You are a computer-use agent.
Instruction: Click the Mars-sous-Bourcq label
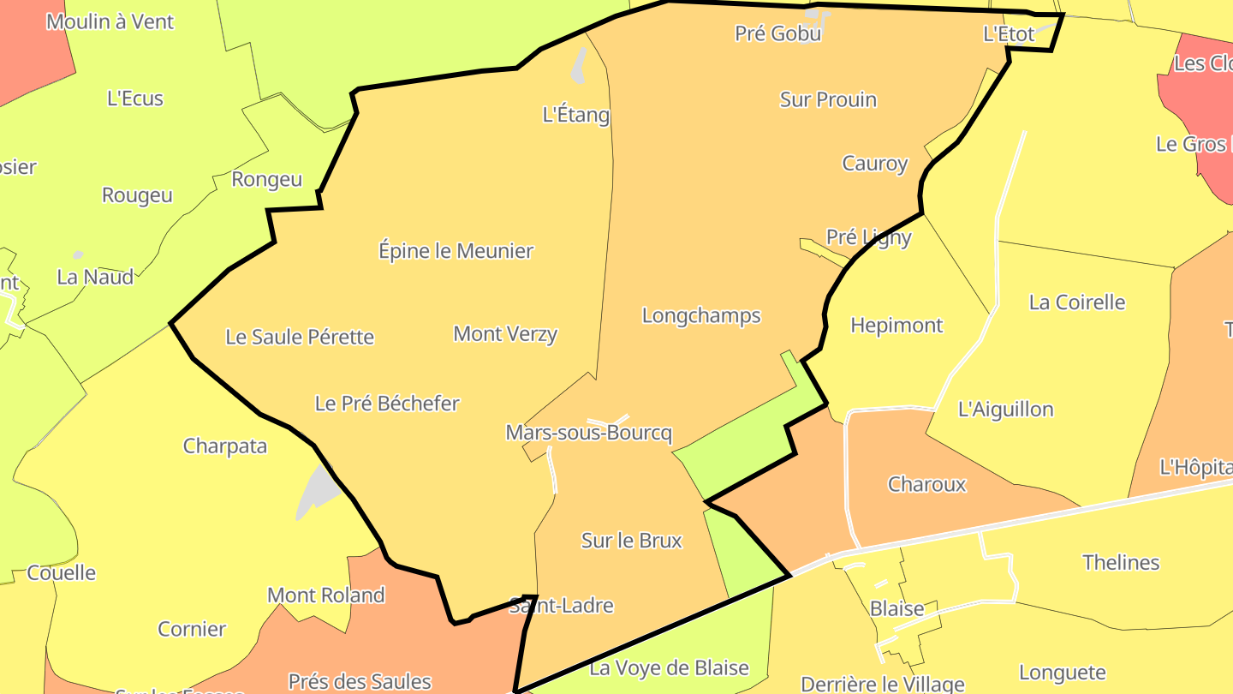click(588, 433)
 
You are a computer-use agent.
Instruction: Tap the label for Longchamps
click(701, 315)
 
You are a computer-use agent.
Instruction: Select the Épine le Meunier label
click(456, 251)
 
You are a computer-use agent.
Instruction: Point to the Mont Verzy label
click(505, 333)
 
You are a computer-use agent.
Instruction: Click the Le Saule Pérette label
click(300, 337)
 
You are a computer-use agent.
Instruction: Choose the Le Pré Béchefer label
click(387, 403)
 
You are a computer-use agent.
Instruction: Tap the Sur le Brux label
click(632, 540)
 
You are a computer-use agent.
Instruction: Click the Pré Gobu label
click(777, 33)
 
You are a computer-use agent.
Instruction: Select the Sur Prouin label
click(828, 99)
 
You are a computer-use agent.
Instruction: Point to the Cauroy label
click(874, 163)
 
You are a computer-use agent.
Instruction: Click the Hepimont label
click(896, 325)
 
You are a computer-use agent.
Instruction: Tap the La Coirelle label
click(1077, 302)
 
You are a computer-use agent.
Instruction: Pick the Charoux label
click(926, 484)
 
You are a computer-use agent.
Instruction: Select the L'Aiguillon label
click(1005, 409)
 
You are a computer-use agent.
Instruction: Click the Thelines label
click(1121, 562)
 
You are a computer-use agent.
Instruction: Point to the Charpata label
click(225, 446)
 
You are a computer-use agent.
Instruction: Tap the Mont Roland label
click(325, 595)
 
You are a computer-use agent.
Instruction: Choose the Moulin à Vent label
click(110, 21)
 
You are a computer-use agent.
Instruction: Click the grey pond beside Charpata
click(313, 492)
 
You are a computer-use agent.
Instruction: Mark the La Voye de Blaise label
click(670, 667)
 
